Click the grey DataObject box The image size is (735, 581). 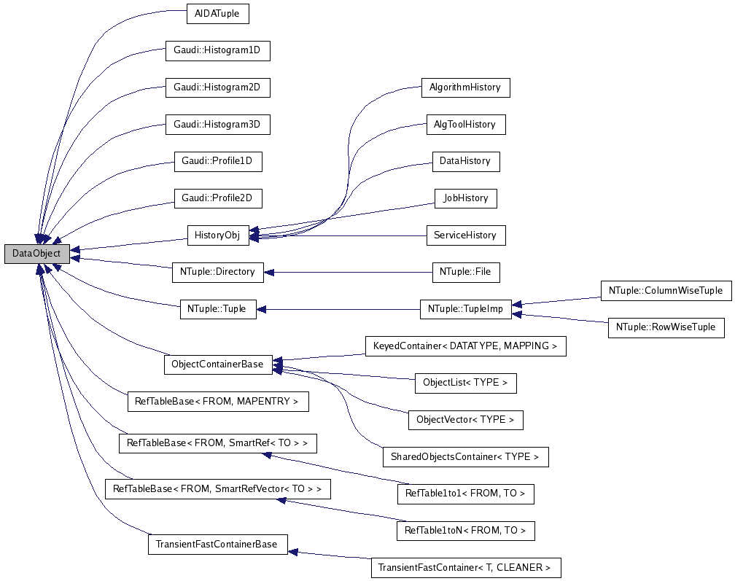37,254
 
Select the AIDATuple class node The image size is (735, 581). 218,13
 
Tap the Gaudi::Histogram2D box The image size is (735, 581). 217,87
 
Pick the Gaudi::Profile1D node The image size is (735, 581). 217,161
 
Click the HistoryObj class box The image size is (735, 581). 217,235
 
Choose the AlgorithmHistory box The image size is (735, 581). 465,87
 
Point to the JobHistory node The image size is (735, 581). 465,198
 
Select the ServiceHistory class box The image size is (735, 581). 465,235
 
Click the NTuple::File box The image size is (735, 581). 465,272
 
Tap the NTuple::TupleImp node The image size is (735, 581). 465,309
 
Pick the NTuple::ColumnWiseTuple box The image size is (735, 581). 665,290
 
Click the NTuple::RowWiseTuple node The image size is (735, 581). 666,327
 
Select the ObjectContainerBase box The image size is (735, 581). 217,364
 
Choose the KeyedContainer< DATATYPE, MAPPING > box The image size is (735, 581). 465,346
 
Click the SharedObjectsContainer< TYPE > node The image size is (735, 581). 465,457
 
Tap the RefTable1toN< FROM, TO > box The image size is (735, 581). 465,531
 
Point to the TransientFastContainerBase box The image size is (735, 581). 217,545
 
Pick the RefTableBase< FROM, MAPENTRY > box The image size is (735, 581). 217,401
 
